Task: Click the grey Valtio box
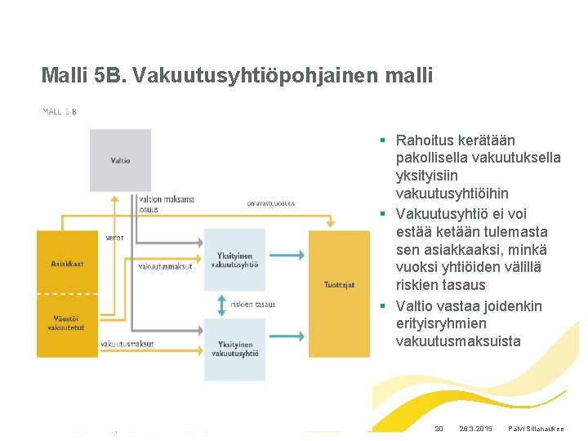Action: point(120,160)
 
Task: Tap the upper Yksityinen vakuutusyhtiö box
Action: point(234,260)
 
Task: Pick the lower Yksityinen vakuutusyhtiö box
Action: point(234,350)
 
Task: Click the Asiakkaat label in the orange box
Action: point(67,264)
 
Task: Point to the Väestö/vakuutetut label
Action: point(67,323)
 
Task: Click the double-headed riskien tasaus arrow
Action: point(220,305)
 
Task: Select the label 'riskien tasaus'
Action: point(253,305)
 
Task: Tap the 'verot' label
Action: point(115,238)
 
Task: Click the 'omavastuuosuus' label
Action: point(270,203)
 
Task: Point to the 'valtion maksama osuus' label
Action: point(167,203)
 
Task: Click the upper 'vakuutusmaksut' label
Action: point(165,266)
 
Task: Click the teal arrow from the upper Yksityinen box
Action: point(286,256)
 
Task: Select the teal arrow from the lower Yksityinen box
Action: point(286,348)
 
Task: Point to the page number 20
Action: point(439,429)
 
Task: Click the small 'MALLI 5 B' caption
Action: point(60,112)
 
